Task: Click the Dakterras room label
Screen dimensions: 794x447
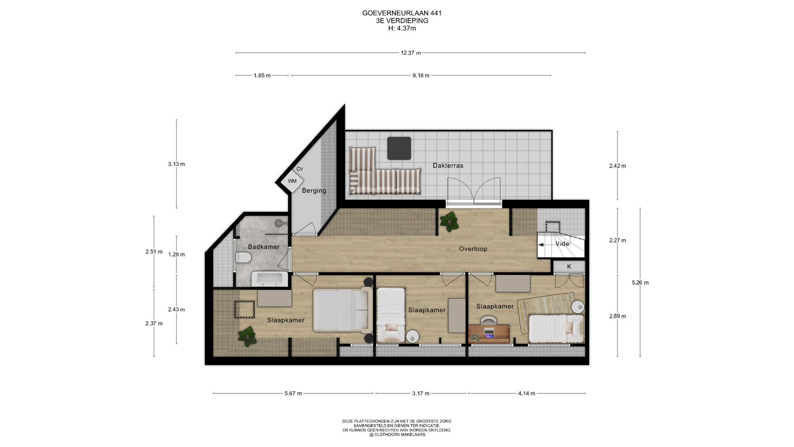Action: click(448, 166)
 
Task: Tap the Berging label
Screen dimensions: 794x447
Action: click(314, 191)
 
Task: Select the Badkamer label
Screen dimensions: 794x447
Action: click(264, 247)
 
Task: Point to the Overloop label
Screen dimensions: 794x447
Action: click(473, 249)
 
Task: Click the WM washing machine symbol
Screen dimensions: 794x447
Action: click(292, 181)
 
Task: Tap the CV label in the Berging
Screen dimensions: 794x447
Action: click(300, 169)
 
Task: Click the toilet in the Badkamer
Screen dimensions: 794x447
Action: click(243, 258)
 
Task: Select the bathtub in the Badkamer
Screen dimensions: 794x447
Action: click(270, 279)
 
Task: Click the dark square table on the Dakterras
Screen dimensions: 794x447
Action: click(399, 148)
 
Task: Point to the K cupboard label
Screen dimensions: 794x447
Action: click(569, 267)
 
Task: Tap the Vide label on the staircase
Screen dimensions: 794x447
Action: click(562, 244)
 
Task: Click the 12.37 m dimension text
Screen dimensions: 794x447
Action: click(411, 53)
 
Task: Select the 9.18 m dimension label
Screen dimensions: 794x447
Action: click(421, 75)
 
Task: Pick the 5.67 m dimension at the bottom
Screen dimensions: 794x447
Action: click(293, 393)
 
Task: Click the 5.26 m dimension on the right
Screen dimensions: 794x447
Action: click(640, 283)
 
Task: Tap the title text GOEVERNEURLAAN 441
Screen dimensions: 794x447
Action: click(402, 13)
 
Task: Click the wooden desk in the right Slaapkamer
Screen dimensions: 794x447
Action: click(489, 334)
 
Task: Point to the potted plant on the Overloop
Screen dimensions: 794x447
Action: click(449, 221)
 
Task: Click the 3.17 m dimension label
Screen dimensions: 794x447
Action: click(421, 393)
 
